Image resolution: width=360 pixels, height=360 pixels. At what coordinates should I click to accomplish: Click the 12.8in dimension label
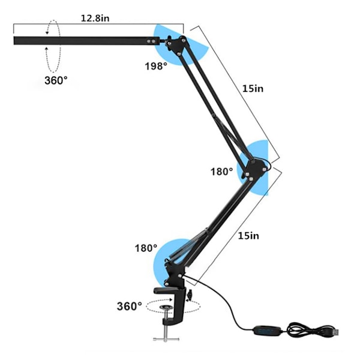(x=95, y=18)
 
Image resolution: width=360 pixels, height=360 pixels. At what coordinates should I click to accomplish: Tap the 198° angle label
(x=156, y=66)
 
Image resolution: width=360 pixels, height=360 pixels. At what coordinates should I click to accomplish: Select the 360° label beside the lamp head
(x=56, y=80)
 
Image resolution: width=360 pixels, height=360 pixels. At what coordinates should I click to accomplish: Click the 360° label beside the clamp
(x=130, y=306)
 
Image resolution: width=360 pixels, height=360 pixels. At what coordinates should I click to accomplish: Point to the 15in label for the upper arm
(x=253, y=88)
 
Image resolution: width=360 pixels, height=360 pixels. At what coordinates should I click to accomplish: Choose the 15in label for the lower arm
(x=248, y=236)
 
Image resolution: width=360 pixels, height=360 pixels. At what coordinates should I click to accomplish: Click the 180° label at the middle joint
(x=222, y=171)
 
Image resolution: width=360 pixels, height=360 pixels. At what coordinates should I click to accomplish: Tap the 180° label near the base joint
(x=146, y=248)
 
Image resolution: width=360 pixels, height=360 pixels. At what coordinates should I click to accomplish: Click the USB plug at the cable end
(x=335, y=332)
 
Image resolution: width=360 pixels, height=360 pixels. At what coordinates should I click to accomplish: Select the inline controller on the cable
(x=266, y=331)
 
